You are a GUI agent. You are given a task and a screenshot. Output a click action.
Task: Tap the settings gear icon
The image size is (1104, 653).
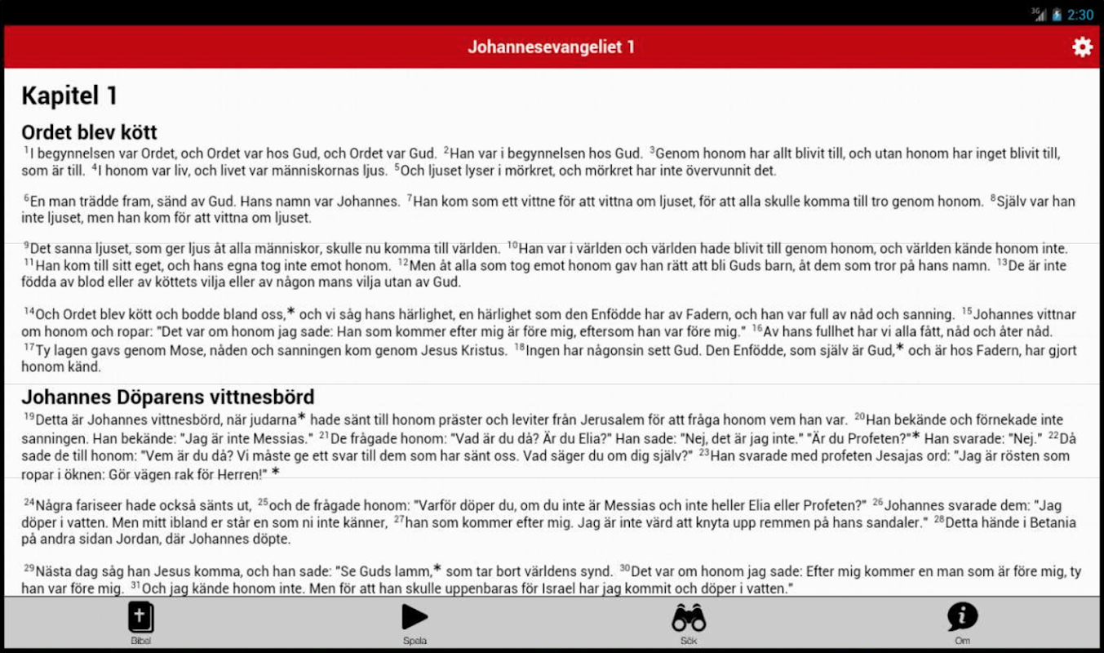point(1082,47)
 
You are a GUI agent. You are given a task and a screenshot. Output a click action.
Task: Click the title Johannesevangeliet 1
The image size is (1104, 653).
point(551,47)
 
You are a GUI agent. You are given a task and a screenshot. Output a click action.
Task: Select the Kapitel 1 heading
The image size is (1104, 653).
point(69,96)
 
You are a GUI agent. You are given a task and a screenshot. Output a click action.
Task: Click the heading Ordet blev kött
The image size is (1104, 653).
point(89,132)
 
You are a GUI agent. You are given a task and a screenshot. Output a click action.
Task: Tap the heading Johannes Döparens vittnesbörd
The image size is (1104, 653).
point(167,398)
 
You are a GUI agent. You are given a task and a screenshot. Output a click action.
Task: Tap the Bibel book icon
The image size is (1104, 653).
point(140,618)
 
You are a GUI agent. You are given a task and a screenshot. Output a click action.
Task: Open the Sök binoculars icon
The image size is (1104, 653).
point(688,618)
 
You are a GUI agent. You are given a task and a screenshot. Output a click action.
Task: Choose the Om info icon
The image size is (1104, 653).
point(962,617)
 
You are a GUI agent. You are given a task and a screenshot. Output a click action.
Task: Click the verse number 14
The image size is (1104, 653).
point(29,312)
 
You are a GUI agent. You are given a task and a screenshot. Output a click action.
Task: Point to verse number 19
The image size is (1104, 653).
point(29,417)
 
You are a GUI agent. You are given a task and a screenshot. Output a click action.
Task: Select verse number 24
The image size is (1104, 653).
point(29,503)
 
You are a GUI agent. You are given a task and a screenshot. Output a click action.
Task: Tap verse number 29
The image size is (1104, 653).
point(29,568)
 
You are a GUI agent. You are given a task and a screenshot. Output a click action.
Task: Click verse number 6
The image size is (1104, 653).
point(26,198)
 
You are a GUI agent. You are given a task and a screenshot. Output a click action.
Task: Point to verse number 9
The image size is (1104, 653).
point(26,245)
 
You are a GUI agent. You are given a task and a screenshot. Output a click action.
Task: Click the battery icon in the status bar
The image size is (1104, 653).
point(1057,15)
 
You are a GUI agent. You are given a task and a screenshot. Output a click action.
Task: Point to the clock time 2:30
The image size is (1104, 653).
point(1080,15)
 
